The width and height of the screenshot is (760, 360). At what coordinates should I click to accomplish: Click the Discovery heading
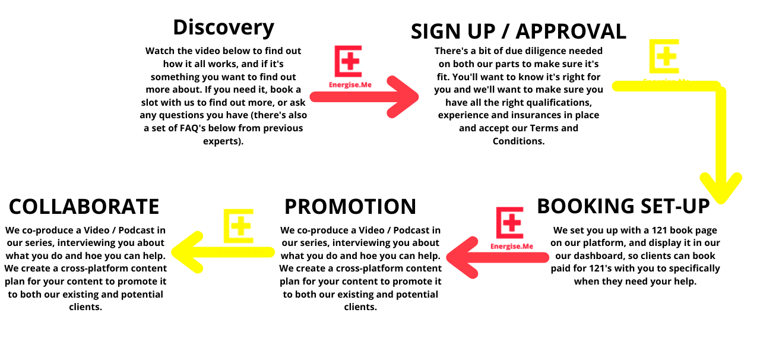point(224,27)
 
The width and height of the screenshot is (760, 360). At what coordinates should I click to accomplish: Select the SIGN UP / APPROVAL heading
point(518,31)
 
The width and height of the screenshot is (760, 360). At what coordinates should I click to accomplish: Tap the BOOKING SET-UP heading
point(623,206)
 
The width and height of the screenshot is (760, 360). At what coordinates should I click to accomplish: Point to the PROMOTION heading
point(350,207)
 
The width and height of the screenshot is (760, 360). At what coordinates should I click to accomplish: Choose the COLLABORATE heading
point(84,207)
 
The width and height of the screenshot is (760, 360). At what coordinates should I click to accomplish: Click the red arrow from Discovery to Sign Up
point(364,97)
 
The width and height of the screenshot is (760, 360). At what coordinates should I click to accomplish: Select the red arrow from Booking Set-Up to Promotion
point(498,257)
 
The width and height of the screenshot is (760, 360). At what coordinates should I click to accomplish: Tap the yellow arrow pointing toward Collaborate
point(223,252)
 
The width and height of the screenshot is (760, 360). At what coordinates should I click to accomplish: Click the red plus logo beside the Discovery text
point(349,61)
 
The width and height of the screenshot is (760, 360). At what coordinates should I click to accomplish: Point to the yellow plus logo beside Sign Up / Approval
point(664,56)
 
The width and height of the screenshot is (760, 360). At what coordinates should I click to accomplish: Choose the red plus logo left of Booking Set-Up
point(509,223)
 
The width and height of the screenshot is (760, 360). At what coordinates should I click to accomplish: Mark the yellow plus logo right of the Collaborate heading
point(239,226)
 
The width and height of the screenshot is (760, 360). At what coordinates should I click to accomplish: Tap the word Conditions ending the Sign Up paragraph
point(518,141)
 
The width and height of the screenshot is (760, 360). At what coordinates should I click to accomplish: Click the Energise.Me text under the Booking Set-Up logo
point(512,246)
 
